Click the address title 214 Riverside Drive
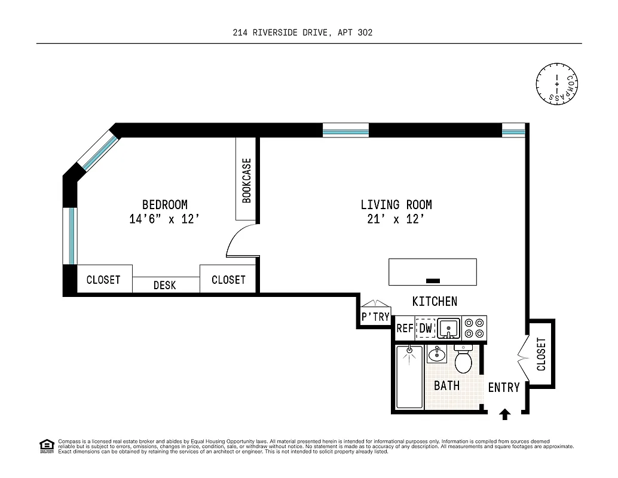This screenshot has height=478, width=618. coord(302,33)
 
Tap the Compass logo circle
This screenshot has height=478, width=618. coord(558,83)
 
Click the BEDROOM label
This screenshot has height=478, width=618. coord(165,204)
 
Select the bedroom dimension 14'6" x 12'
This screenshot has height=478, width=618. coord(164,219)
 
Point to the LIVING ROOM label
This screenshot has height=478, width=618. coord(396,204)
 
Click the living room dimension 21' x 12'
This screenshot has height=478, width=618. coord(396,219)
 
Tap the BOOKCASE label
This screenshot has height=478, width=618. coord(246,180)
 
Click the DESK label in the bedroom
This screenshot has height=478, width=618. coord(165,286)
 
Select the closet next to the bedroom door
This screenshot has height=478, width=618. coord(228,279)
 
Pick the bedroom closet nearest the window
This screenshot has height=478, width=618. coord(103,279)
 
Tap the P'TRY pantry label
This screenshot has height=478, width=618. coord(375,317)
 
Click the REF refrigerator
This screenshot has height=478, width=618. coord(405,329)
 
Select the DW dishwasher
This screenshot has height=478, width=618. coord(426,329)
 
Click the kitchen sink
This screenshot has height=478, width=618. coord(448,328)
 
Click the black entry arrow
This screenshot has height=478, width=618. coord(505,413)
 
